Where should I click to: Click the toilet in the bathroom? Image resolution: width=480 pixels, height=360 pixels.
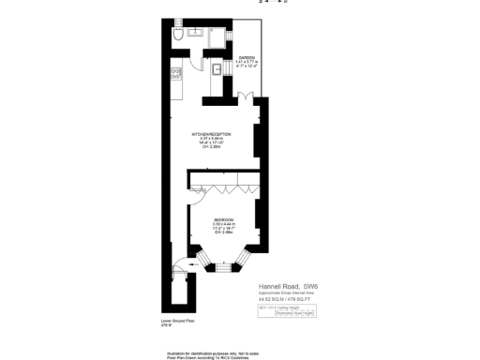point(177,36)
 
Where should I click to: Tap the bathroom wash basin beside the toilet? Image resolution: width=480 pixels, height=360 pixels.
point(196,32)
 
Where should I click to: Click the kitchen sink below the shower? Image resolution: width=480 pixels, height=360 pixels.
point(215,69)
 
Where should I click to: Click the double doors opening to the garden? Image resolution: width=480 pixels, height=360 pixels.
point(244,96)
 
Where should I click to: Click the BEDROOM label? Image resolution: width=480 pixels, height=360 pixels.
point(222,219)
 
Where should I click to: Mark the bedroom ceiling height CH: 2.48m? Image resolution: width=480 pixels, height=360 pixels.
point(222,232)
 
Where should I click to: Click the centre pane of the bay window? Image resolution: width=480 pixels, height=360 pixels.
point(222,265)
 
